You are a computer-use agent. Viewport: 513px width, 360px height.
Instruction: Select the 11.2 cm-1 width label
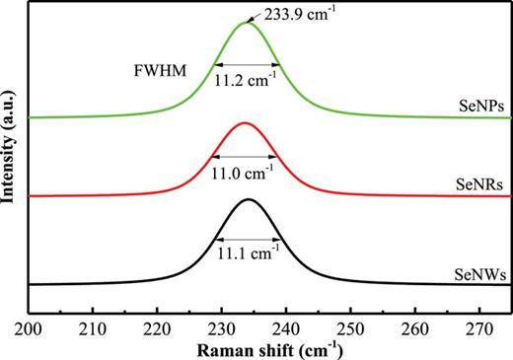click(x=248, y=84)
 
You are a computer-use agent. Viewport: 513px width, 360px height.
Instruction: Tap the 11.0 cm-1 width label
click(x=248, y=174)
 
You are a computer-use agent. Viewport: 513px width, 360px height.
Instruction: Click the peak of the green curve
click(x=247, y=22)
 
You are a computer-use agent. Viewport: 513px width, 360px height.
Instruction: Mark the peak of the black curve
click(x=248, y=200)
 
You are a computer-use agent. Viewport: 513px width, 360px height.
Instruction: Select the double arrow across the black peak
click(x=248, y=239)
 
